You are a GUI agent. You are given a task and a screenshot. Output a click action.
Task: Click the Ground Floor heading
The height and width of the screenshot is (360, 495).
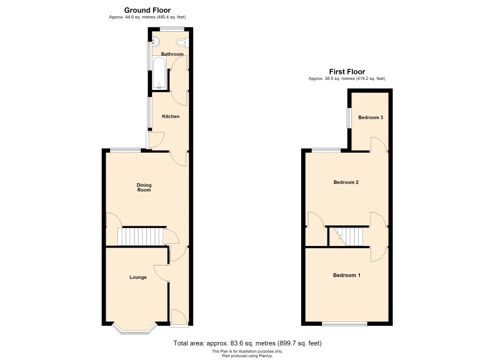pos(147,10)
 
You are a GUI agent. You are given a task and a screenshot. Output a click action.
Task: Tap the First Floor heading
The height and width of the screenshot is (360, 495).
pos(347,72)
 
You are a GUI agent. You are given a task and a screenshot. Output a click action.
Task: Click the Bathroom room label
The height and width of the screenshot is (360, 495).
pos(172,54)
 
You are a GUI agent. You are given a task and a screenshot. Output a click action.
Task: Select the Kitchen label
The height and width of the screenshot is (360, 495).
pos(170,116)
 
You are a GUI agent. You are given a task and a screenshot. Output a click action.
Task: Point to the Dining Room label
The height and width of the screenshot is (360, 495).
pos(144,187)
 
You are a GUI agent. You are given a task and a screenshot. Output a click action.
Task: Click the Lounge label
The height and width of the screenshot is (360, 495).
pos(138,277)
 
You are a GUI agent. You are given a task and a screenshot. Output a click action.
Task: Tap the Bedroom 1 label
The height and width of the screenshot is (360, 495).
pos(346,276)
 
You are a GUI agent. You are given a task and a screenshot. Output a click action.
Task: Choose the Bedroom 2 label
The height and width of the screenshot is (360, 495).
pos(346,182)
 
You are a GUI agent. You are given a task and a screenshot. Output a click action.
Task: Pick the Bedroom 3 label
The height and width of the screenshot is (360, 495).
pos(370,117)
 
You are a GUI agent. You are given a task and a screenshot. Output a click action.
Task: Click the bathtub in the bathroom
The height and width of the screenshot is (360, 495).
pos(159,73)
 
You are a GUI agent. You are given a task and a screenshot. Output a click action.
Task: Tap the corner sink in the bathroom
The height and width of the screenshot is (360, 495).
pos(156,41)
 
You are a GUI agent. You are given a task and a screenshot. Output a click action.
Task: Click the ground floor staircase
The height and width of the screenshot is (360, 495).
pos(140,236)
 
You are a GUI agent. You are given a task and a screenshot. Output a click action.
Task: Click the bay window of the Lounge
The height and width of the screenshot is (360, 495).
pos(135,329)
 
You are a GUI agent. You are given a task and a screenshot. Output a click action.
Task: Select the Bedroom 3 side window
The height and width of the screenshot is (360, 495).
pos(349,118)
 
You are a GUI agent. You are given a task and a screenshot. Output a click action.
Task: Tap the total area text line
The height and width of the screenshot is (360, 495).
pos(247,343)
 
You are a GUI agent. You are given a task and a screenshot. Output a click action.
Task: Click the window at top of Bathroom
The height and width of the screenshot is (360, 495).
pos(172,29)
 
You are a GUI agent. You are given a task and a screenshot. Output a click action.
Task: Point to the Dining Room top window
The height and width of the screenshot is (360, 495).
pos(125,150)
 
